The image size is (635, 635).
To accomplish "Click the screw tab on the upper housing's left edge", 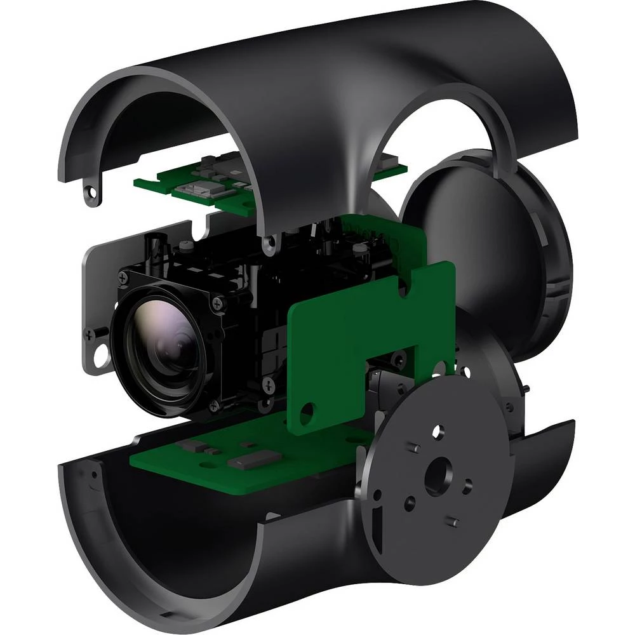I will click(93, 192).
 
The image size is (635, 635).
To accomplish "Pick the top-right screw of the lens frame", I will click(220, 303).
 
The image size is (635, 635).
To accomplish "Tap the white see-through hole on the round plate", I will click(438, 432).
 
